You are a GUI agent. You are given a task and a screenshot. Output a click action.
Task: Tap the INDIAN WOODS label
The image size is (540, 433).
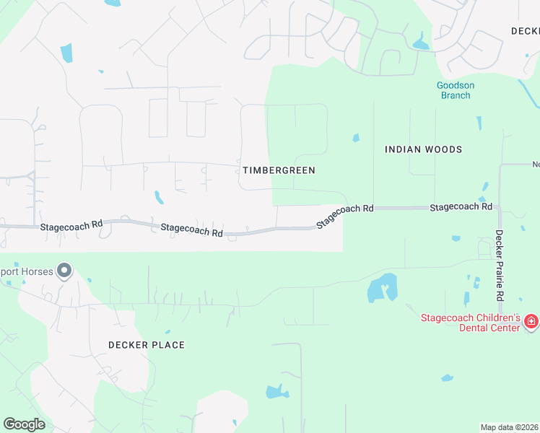(x=423, y=149)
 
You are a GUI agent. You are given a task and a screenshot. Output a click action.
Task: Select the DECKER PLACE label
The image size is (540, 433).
(x=147, y=345)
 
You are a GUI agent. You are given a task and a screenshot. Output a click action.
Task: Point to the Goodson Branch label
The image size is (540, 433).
(x=456, y=89)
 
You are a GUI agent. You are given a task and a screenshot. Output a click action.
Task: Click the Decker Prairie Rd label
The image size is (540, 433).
(x=499, y=266)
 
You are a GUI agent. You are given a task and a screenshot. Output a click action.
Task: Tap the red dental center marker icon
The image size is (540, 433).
(x=531, y=320)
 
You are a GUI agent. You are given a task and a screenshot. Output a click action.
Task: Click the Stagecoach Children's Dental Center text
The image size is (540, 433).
(x=471, y=323)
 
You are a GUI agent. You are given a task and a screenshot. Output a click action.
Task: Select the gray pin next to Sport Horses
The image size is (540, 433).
(x=64, y=271)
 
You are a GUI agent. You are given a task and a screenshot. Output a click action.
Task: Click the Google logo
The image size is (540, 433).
(x=24, y=424)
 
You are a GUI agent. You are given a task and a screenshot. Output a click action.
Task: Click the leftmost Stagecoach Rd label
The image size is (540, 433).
(x=71, y=226)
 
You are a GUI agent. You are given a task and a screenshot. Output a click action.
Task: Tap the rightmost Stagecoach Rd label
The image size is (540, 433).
(x=461, y=207)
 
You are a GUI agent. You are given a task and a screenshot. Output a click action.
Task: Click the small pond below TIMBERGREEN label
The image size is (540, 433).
(x=158, y=197)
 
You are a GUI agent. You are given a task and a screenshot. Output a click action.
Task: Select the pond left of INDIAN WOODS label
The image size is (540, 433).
(x=355, y=138)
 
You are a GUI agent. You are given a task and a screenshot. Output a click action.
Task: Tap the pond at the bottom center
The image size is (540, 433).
(x=277, y=392)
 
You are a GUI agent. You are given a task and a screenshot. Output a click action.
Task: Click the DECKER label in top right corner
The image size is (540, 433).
(x=525, y=31)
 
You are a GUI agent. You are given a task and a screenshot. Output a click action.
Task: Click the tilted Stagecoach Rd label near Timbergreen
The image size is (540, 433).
(x=346, y=215)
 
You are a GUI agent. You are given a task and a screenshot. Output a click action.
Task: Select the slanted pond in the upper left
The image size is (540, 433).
(x=66, y=53)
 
